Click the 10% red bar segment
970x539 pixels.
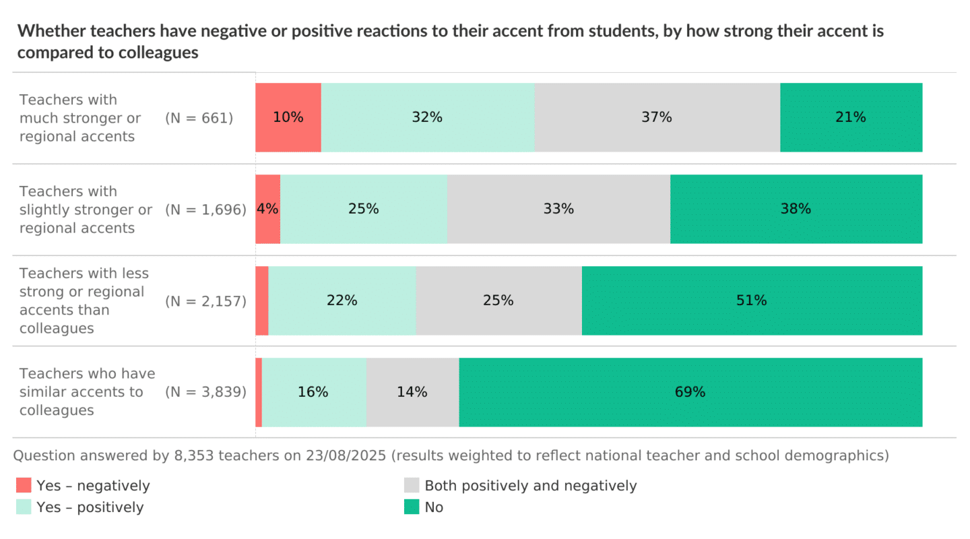[x=288, y=117]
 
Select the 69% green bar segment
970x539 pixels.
[x=690, y=392]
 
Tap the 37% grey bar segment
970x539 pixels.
[x=657, y=117]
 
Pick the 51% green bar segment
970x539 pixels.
[x=752, y=300]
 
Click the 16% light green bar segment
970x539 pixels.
[x=313, y=392]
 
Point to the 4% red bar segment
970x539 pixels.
[x=267, y=209]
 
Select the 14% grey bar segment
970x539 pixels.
[x=412, y=392]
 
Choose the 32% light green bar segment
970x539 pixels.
[x=427, y=117]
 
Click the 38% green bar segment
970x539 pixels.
[x=796, y=209]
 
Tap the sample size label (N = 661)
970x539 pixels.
[x=199, y=118]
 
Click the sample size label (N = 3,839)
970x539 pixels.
[x=205, y=392]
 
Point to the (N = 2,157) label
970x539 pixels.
[x=205, y=300]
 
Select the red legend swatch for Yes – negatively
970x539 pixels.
[x=24, y=485]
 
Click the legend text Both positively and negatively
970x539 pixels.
[x=530, y=485]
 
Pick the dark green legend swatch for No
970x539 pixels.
[x=412, y=507]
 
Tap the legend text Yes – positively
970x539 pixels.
[x=90, y=507]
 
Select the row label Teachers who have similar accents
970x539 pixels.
[x=87, y=392]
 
